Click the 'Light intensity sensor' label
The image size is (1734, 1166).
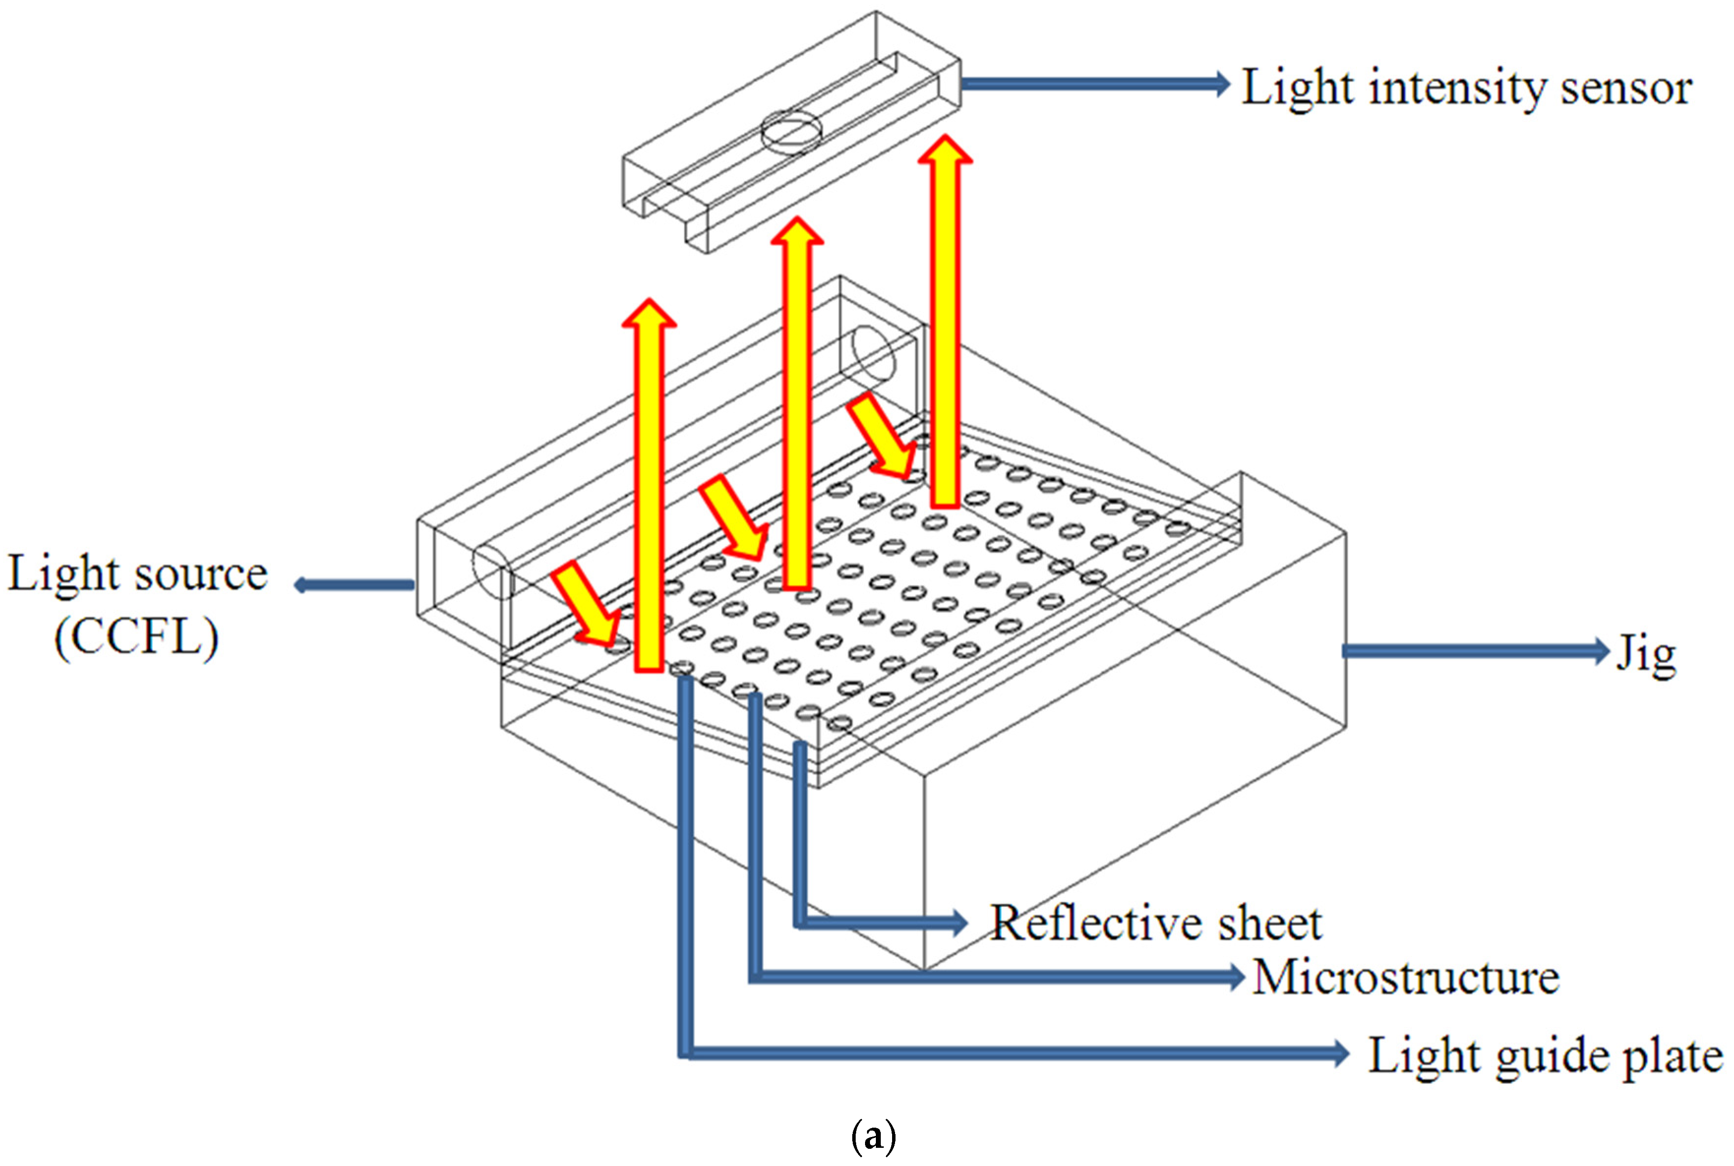click(x=1466, y=88)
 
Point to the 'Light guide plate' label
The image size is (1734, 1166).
click(x=1545, y=1055)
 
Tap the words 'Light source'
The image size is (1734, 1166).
click(x=138, y=574)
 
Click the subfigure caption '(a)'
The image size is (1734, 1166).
click(x=872, y=1136)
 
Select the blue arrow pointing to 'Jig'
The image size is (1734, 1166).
click(x=1473, y=651)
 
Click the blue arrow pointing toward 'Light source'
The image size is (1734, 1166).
click(x=354, y=585)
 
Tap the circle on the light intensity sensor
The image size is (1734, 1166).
click(x=791, y=132)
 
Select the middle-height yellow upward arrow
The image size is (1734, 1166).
click(x=797, y=402)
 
